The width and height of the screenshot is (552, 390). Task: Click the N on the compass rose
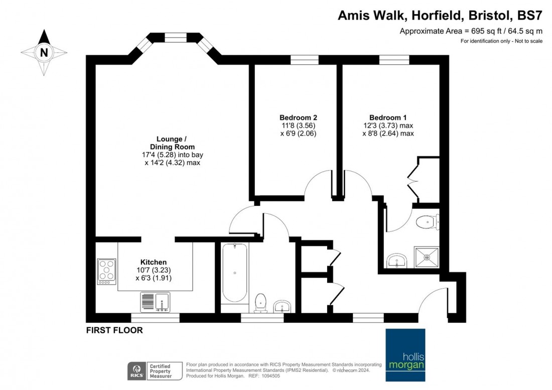(44, 53)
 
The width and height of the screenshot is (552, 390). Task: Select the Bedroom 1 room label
(388, 117)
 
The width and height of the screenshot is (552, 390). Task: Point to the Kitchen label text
(154, 262)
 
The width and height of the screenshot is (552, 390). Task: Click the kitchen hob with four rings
(107, 272)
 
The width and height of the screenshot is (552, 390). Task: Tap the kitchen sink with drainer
(155, 302)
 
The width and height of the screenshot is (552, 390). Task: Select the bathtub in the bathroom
(234, 273)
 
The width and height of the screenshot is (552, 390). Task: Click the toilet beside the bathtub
(260, 303)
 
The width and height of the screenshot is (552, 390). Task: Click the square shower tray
(427, 257)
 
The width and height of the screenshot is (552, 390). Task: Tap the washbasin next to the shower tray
(397, 261)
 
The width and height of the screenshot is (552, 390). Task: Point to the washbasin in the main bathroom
(283, 306)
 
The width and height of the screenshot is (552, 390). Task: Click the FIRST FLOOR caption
(114, 330)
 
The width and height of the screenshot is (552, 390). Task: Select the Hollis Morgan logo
(405, 355)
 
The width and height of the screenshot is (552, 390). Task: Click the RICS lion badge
(136, 371)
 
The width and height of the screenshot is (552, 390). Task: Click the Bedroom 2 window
(305, 60)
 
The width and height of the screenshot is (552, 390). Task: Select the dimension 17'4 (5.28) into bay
(173, 155)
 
